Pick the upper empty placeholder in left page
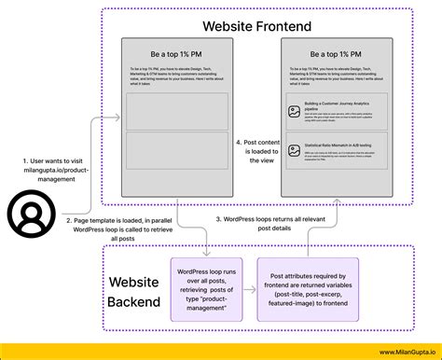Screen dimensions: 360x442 [x=176, y=110]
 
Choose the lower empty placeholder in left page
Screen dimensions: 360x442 [x=176, y=150]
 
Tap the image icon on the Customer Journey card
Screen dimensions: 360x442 [x=294, y=111]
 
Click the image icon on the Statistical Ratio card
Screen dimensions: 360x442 [x=294, y=149]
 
